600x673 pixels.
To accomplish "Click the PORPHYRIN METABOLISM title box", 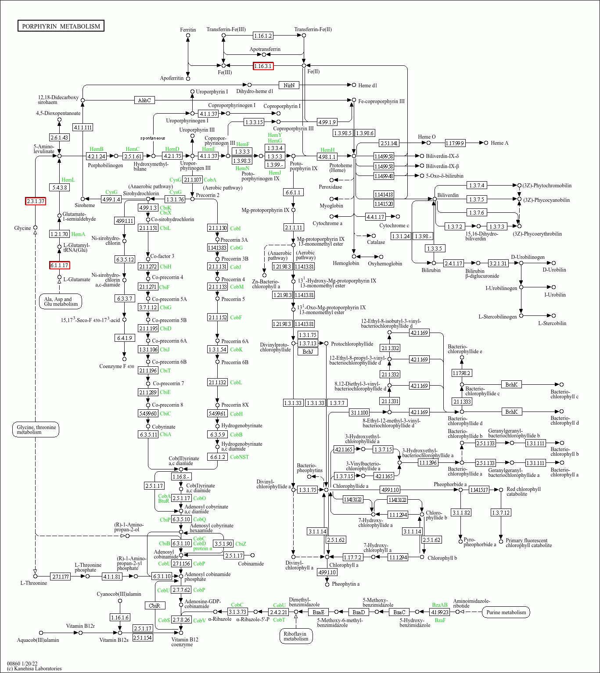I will pos(61,26).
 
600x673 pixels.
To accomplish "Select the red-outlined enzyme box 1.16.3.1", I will pos(263,66).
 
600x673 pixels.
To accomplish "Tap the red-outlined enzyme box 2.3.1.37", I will pos(36,201).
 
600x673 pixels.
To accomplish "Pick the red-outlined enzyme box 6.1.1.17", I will pos(59,265).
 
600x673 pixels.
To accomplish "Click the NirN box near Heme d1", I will pos(289,85).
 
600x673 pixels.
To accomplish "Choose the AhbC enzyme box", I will pos(144,100).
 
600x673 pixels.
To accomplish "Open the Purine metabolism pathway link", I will pos(506,612).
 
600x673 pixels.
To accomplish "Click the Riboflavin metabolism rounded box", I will pos(296,636).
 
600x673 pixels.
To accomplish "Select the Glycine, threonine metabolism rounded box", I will pos(36,430).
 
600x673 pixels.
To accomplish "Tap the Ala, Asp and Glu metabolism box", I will pos(61,302).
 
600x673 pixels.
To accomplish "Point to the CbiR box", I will pos(154,605).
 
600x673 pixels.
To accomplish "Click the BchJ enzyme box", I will pos(308,351).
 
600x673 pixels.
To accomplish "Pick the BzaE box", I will pos(318,612).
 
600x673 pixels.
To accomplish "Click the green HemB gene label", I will pos(97,149).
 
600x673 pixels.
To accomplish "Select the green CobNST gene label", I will pos(240,457).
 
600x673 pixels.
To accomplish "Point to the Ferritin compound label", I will pos(188,30).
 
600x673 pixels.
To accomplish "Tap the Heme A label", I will pos(499,143).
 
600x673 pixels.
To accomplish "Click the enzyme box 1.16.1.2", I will pos(263,36).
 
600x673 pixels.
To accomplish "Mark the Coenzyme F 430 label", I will pos(117,366).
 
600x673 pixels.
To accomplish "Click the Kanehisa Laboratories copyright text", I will pos(34,669).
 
